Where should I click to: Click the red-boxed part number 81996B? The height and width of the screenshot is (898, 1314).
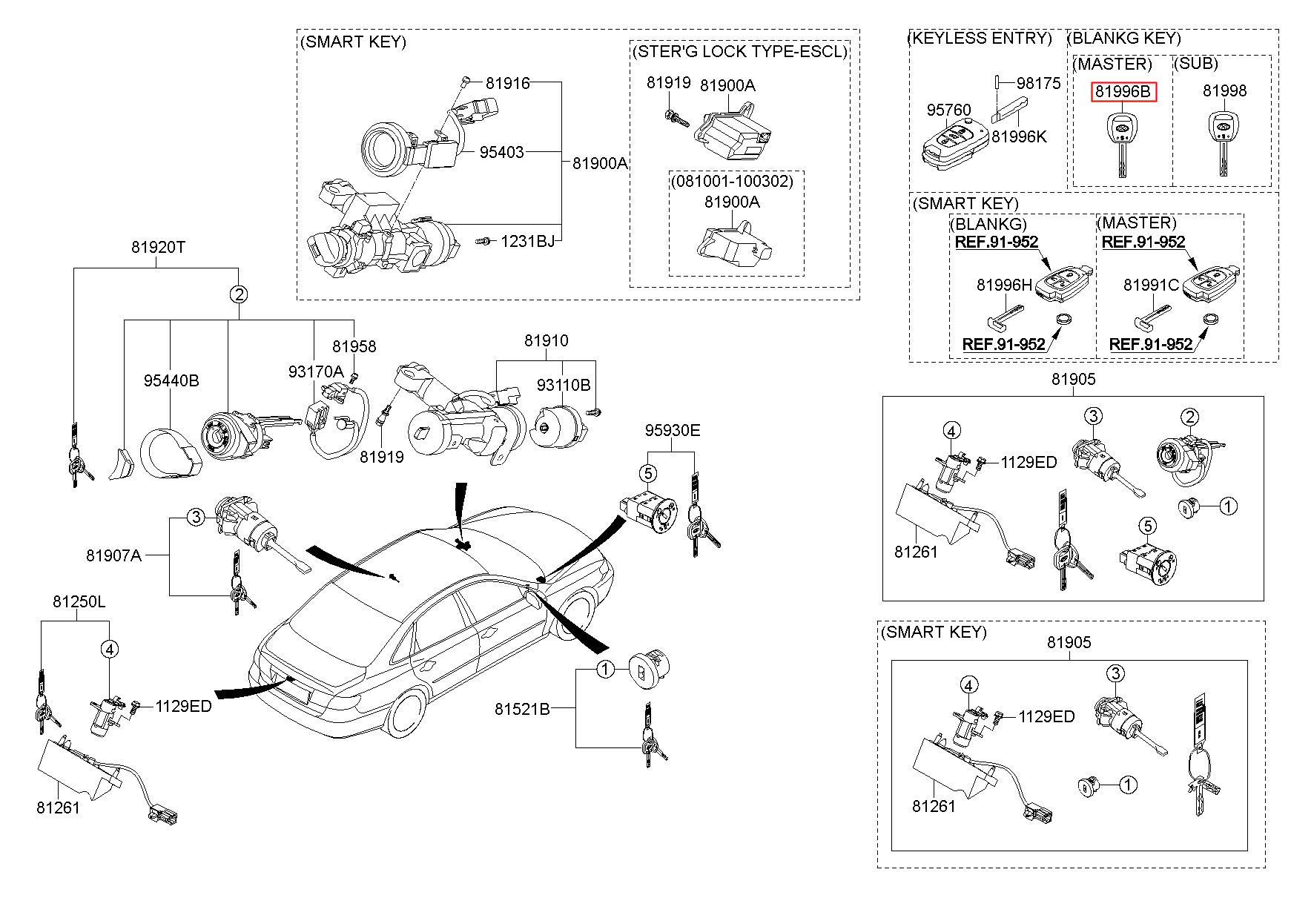tap(1123, 92)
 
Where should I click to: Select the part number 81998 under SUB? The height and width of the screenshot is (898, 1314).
tap(1224, 91)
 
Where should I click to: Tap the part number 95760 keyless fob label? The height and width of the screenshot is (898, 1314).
tap(948, 110)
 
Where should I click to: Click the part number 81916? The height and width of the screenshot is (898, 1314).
tap(508, 83)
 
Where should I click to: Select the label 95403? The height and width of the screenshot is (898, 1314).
tap(501, 152)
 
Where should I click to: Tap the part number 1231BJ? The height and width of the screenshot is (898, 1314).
tap(526, 241)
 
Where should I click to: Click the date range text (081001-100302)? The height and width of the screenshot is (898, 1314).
tap(732, 181)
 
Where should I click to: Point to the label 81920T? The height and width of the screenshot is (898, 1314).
tap(158, 248)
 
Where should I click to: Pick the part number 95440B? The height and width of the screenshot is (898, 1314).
tap(171, 381)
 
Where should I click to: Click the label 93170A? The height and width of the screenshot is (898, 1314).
tap(316, 371)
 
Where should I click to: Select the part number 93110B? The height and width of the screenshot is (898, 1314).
tap(564, 386)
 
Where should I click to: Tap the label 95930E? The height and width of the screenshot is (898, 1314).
tap(672, 431)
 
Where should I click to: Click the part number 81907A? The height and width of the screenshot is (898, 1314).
tap(113, 555)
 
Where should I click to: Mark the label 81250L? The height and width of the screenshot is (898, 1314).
tap(79, 601)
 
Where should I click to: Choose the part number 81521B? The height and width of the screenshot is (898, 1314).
tap(522, 710)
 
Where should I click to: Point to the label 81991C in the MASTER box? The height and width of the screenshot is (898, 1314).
tap(1151, 285)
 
